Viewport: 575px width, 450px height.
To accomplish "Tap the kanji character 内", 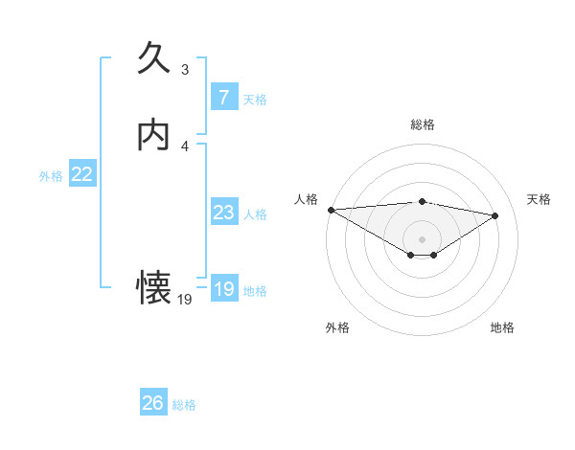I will [153, 135].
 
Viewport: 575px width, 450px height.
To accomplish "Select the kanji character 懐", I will [153, 287].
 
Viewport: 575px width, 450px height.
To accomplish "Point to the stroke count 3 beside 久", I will [185, 69].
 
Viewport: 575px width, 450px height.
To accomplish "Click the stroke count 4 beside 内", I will [185, 145].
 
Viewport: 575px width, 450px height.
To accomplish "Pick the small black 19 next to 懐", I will [185, 299].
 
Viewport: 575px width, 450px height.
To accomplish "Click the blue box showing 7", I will [224, 98].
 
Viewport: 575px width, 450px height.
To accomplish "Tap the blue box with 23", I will [224, 213].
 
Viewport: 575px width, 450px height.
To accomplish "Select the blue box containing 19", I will [224, 289].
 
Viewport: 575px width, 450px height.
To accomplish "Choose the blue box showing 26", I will [153, 403].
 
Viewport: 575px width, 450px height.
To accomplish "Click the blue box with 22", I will [82, 174].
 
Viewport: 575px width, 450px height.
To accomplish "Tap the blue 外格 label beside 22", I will [51, 175].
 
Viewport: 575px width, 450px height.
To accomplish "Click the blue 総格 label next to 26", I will [184, 405].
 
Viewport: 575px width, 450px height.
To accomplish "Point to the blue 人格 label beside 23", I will [255, 214].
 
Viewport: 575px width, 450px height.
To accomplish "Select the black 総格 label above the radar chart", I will [422, 124].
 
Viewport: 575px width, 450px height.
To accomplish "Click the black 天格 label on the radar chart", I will [540, 199].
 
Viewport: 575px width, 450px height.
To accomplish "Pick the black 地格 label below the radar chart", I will [502, 327].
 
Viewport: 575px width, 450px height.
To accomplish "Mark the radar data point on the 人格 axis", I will [331, 210].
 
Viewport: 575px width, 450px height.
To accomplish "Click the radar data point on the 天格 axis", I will [495, 214].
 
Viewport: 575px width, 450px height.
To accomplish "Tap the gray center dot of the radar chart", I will [422, 237].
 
